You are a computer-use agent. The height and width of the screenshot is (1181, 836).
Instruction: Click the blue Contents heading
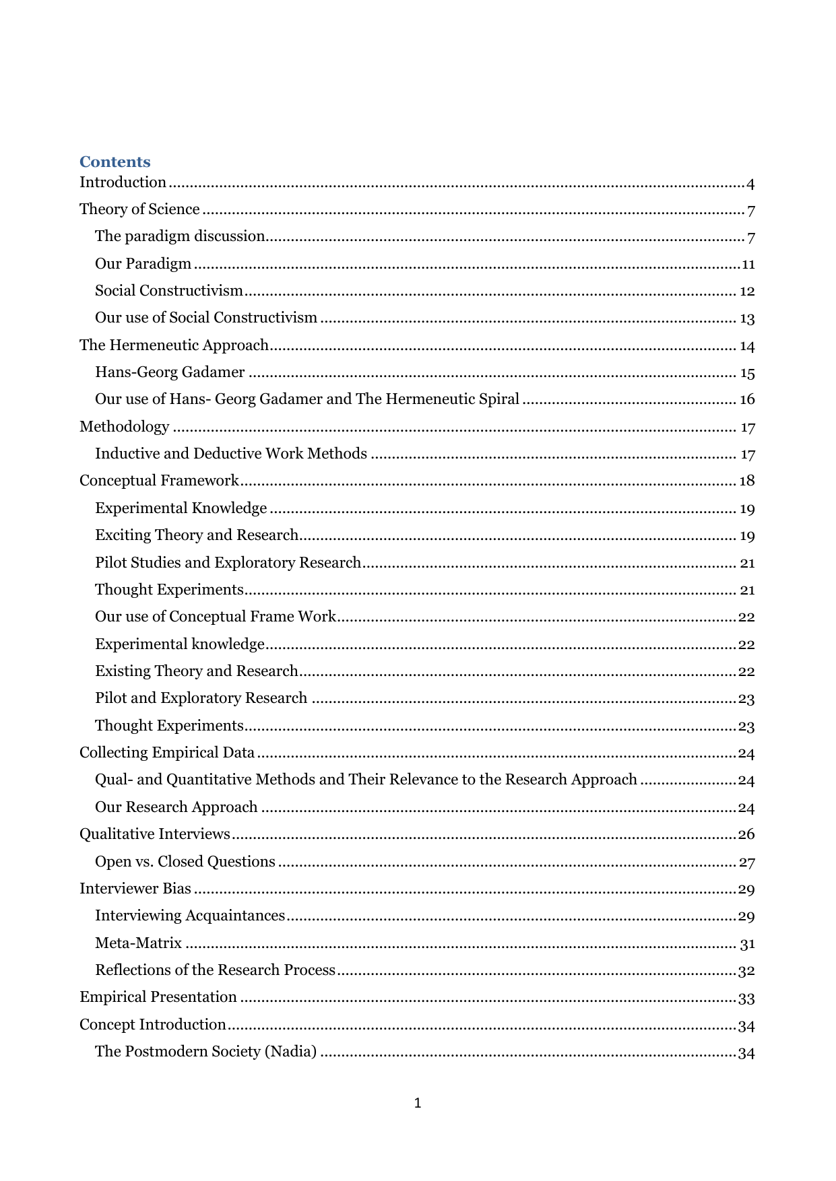pos(115,162)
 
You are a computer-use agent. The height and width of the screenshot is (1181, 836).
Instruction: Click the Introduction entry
pos(123,182)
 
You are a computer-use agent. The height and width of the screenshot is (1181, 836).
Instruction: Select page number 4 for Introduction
pos(750,184)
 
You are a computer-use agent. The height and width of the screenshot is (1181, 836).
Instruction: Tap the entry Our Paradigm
pos(143,264)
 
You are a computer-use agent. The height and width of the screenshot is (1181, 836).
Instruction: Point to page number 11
pos(748,265)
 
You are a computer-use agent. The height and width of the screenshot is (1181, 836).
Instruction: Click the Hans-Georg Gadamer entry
pos(170,372)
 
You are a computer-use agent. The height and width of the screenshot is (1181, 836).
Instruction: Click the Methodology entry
pos(124,427)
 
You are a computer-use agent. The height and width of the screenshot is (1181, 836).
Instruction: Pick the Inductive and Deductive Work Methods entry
pos(230,454)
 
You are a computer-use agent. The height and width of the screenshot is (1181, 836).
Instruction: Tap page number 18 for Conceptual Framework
pos(747,481)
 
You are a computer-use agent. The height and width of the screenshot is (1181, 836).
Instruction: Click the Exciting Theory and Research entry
pos(196,535)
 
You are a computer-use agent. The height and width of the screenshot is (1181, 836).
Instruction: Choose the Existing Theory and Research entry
pos(196,671)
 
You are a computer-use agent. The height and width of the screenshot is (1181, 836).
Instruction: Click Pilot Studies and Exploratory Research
pos(228,563)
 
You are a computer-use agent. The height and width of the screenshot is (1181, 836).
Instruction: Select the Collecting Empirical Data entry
pos(167,753)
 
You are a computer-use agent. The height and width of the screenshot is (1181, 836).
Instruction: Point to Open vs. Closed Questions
pos(185,862)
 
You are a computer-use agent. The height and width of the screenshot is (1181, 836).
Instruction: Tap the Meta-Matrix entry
pos(138,943)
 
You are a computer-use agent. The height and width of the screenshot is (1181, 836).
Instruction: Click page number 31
pos(747,945)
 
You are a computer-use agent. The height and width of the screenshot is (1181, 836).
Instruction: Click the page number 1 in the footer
pos(418,1103)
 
